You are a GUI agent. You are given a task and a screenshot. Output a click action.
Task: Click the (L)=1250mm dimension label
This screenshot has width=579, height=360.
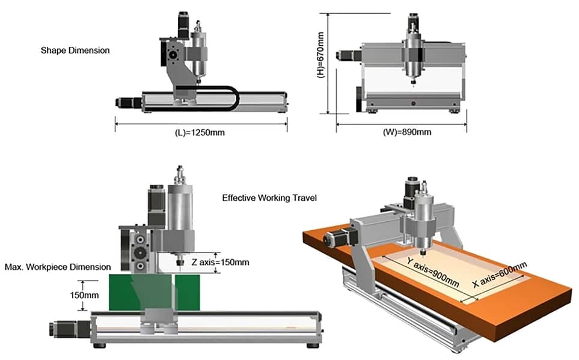coord(200,132)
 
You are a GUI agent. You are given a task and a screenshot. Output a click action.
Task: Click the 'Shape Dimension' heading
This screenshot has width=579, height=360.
coord(75,50)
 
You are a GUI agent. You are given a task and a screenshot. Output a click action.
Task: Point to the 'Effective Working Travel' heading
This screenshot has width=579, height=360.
coord(269,198)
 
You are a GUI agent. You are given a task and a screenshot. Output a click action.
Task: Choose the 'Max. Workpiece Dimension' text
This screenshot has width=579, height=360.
coord(58,267)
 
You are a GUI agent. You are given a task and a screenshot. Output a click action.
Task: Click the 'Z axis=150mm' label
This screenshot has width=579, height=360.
coord(220,262)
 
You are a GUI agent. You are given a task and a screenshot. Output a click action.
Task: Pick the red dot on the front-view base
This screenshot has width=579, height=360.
coord(414,104)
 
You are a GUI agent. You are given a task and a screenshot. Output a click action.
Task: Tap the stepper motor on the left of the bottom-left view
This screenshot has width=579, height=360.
coord(62,329)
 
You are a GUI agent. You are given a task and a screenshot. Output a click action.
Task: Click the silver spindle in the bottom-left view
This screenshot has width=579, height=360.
coord(179,217)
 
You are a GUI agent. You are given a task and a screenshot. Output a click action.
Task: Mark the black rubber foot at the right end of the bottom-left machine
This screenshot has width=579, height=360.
coord(313,345)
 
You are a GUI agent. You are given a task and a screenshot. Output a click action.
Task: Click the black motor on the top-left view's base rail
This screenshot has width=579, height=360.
coord(127,103)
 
